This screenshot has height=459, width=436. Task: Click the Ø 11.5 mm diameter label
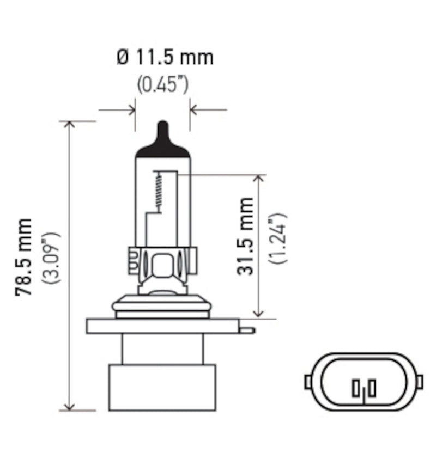(165, 57)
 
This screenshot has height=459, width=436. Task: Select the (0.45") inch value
(162, 85)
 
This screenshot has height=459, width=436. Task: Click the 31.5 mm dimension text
(246, 236)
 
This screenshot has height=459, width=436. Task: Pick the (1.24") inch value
(278, 238)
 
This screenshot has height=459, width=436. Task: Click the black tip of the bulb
(162, 140)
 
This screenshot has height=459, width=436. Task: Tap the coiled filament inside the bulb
(159, 191)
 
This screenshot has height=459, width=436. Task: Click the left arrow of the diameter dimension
(131, 110)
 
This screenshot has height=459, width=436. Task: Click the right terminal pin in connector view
(372, 389)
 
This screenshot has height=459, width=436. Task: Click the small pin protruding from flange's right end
(247, 330)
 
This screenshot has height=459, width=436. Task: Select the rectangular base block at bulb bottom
(162, 387)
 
